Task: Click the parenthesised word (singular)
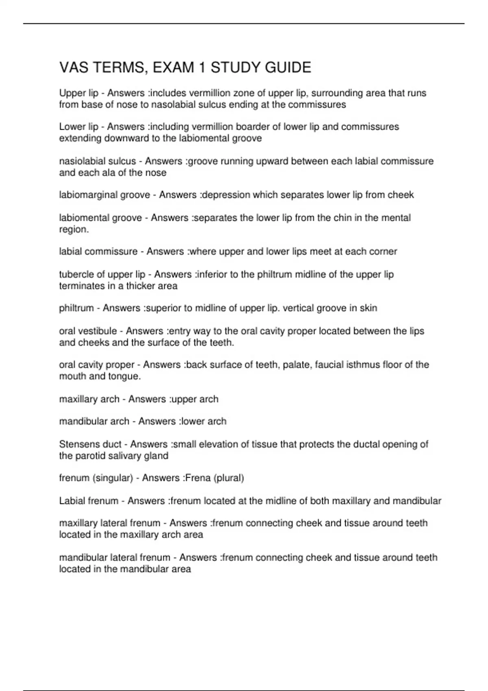tap(113, 478)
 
